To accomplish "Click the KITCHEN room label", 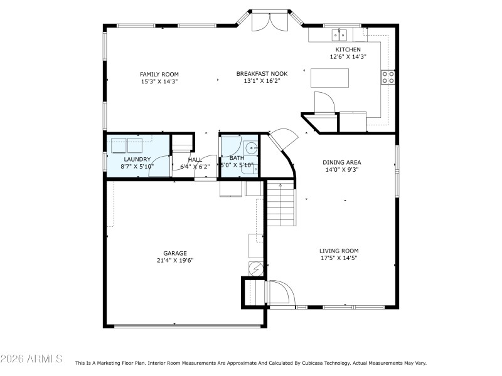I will click(x=348, y=50).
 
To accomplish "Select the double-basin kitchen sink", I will click(x=341, y=34).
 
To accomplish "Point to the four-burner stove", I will click(x=388, y=77).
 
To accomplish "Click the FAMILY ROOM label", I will click(x=159, y=74).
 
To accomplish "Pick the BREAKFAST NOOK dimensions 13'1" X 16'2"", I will click(x=262, y=81).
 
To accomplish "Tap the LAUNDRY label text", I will click(x=137, y=159).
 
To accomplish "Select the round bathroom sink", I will click(x=250, y=149).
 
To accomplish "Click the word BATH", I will click(x=237, y=158).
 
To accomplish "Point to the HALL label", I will click(x=195, y=160).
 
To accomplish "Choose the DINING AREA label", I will click(x=341, y=162).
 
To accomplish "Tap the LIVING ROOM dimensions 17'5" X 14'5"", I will click(x=339, y=258).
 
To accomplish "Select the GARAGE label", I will click(x=175, y=253).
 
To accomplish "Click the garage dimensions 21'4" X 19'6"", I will click(x=175, y=260).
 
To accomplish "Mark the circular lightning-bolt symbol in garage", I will click(x=256, y=269).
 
